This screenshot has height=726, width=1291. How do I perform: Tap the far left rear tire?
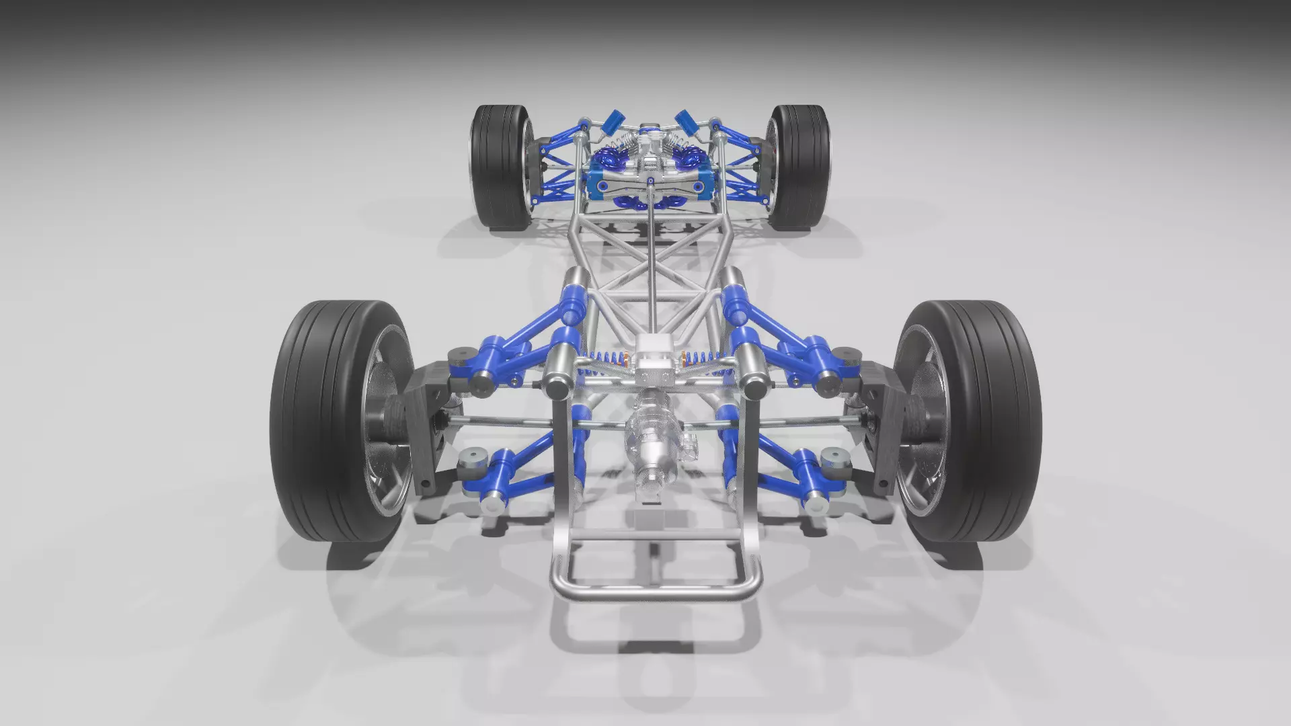pyautogui.click(x=498, y=168)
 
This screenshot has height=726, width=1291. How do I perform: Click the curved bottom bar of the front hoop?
pyautogui.click(x=656, y=592)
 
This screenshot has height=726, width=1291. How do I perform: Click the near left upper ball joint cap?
pyautogui.click(x=461, y=356)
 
